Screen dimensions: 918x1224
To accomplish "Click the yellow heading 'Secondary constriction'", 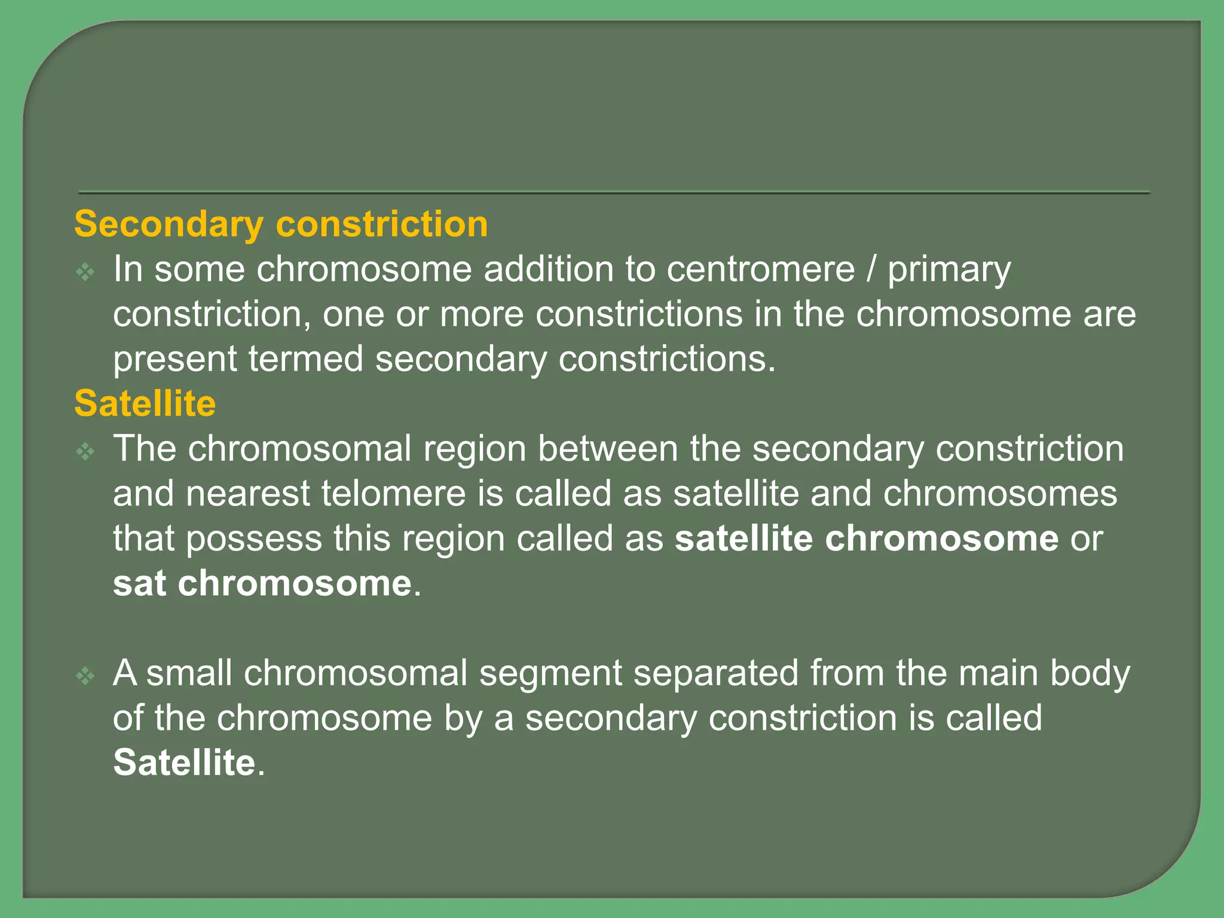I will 281,225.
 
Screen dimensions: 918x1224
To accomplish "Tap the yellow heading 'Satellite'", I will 145,404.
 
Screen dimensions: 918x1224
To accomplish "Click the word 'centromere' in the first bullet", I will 761,270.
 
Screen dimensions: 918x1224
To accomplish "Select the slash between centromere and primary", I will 871,270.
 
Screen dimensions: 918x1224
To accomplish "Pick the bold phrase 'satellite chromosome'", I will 867,538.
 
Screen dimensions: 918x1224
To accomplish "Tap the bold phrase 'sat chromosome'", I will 262,583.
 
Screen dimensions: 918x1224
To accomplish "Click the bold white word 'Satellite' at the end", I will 185,763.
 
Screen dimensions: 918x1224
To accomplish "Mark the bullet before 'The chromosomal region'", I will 85,452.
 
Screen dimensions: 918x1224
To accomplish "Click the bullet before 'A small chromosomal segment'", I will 85,677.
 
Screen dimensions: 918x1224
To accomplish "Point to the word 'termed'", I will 306,359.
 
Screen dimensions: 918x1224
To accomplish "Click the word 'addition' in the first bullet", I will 548,270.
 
